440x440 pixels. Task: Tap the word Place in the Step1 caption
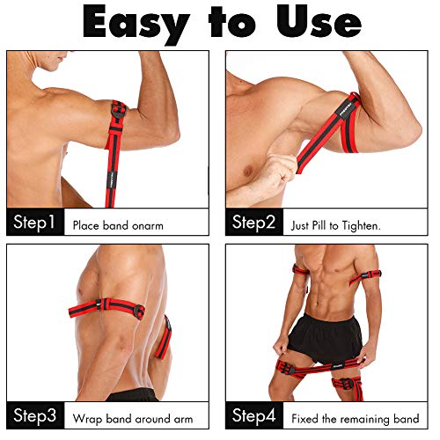[x=88, y=225]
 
